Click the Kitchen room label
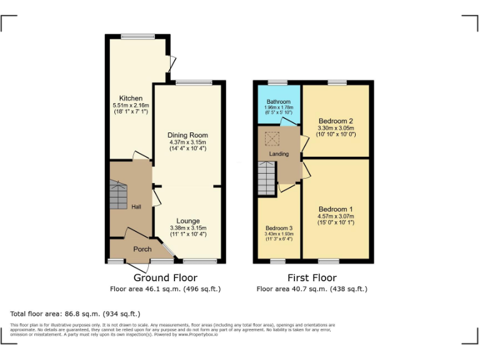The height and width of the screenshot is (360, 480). tap(131, 98)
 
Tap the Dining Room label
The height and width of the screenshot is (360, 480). tap(187, 135)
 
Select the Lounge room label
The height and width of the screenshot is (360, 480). tap(187, 221)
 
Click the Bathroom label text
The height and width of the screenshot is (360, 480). tap(279, 102)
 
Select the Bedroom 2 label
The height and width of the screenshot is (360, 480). tap(336, 121)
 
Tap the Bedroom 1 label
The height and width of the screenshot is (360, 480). tap(336, 209)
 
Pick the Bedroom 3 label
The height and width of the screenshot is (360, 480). tap(279, 228)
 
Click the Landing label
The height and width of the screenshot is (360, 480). tap(279, 154)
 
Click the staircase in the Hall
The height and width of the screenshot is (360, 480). tap(119, 196)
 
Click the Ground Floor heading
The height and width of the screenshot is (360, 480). tap(166, 277)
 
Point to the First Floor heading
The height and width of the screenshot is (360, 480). tap(312, 277)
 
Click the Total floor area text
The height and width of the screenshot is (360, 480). tap(76, 313)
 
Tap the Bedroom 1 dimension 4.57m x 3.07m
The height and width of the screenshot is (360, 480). tap(336, 216)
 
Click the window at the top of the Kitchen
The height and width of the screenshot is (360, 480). tap(137, 36)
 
